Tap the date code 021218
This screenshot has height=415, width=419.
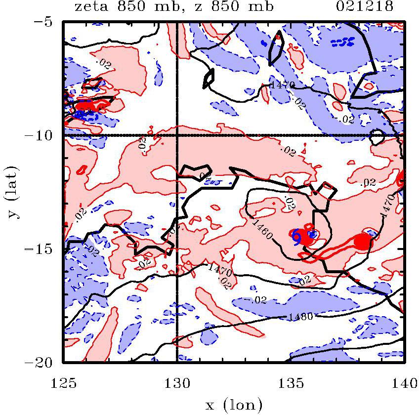point(371,7)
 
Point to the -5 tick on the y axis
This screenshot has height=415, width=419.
point(47,22)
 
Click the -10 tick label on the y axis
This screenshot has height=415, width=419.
point(43,135)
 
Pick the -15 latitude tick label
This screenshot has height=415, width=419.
point(43,249)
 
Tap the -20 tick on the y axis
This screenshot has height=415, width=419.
point(43,362)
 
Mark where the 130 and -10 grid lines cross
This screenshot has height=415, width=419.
point(177,135)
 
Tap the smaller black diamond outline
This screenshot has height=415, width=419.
point(209,76)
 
